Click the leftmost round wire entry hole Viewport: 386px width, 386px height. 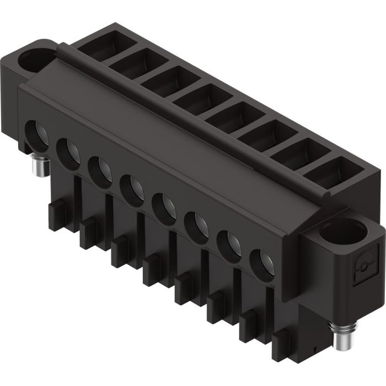click(x=37, y=132)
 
